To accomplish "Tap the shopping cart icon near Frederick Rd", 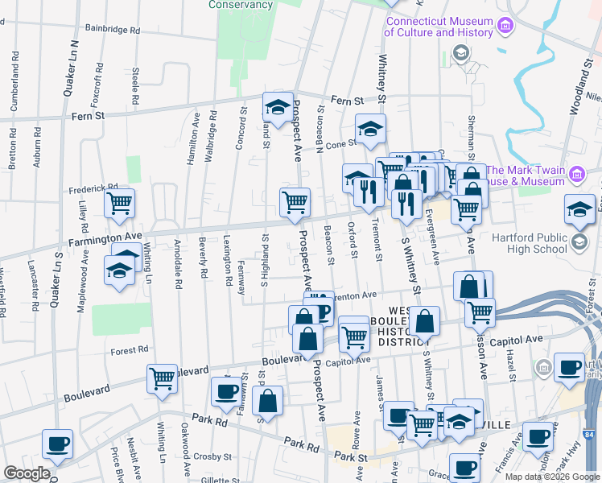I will [119, 204].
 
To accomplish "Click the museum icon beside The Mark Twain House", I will [576, 174].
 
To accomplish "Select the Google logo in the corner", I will [27, 473].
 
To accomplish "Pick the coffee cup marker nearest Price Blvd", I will [57, 444].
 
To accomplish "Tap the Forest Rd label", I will [130, 350].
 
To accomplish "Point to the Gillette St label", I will [219, 478].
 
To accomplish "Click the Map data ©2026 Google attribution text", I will [551, 477].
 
